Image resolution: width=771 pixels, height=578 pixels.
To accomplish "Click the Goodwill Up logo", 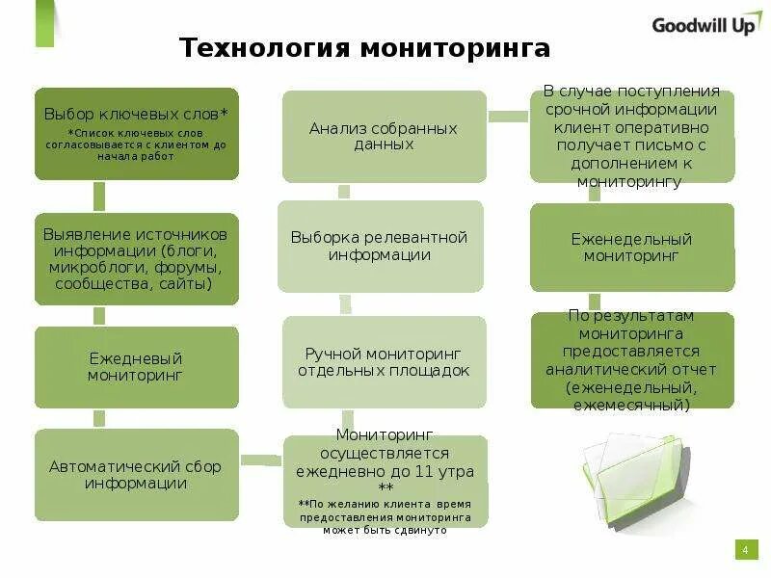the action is pos(706,26).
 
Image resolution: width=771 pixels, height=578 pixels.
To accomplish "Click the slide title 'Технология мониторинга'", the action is pos(365,49).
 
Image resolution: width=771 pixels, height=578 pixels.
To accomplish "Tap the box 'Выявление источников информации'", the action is pos(136,259).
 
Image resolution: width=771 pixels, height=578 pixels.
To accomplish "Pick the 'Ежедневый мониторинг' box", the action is pos(136,367).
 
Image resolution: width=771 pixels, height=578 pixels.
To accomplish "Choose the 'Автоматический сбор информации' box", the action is pos(136,475).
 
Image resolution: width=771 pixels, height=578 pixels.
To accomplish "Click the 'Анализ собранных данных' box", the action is pos(384,136).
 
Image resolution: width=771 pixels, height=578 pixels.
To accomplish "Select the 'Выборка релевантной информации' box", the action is pos(380,247).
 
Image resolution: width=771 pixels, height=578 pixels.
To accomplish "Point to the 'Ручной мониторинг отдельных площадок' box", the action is pos(384,362).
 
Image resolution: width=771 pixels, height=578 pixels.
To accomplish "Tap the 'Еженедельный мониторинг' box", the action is pos(631,248).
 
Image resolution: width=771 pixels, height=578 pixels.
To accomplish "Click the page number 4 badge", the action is pos(744,549).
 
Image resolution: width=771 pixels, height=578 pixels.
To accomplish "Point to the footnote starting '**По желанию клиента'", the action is pos(385,517).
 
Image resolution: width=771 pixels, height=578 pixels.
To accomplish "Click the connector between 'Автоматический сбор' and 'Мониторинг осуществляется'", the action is pos(261,460).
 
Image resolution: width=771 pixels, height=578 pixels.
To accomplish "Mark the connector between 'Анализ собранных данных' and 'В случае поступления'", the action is pos(508,117).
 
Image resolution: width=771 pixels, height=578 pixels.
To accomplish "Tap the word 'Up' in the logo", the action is pos(742,26).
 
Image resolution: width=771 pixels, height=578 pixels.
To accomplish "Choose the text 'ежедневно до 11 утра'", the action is pos(385,472).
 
